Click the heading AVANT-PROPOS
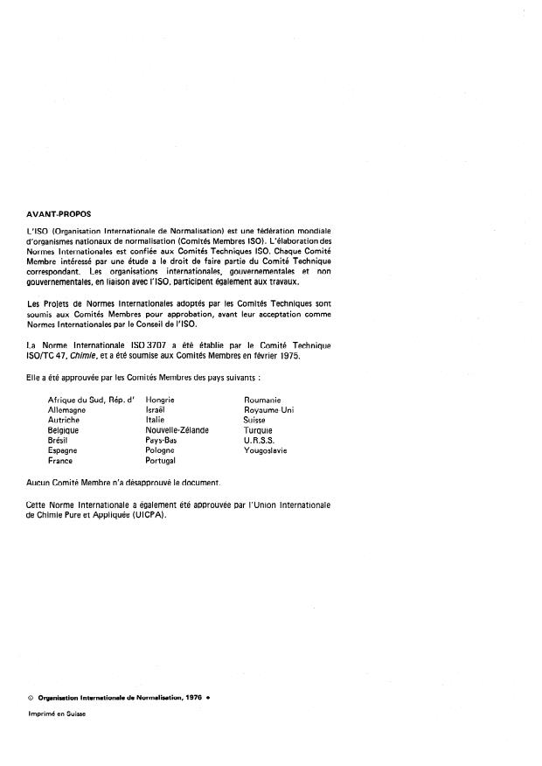(59, 212)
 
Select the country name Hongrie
(161, 400)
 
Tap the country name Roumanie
(262, 400)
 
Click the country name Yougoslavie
(268, 450)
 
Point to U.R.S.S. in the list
(260, 441)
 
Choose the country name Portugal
(161, 461)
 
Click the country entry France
(60, 461)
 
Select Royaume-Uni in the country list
(268, 410)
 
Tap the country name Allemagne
(67, 410)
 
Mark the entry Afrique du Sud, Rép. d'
(85, 400)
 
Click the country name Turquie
(259, 430)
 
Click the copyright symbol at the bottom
(31, 696)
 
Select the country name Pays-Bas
(163, 441)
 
